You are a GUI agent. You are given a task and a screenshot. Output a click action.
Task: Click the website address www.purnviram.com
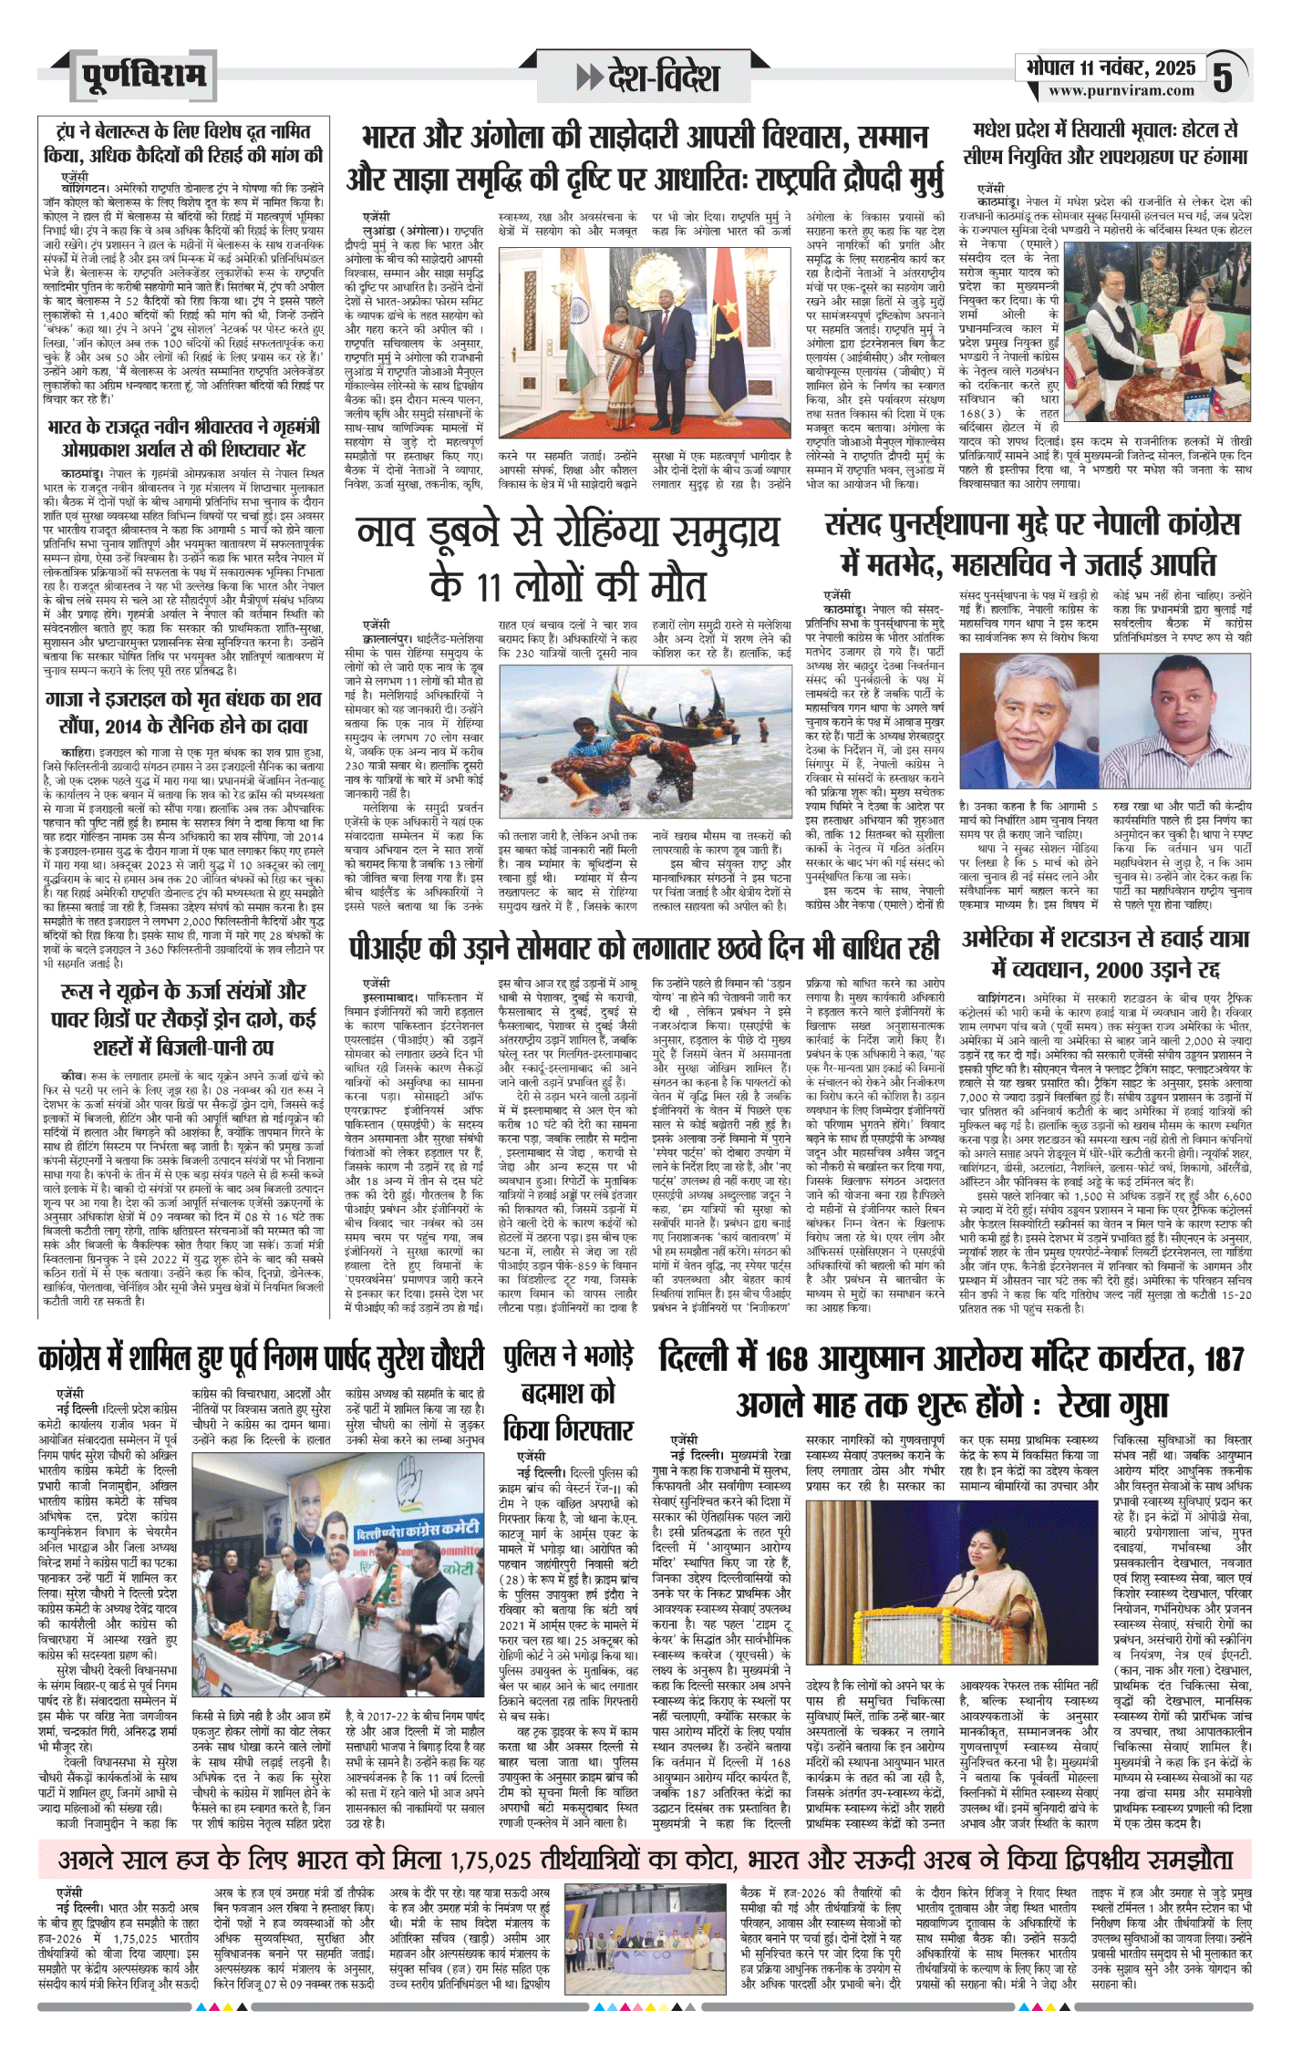(x=1121, y=91)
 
